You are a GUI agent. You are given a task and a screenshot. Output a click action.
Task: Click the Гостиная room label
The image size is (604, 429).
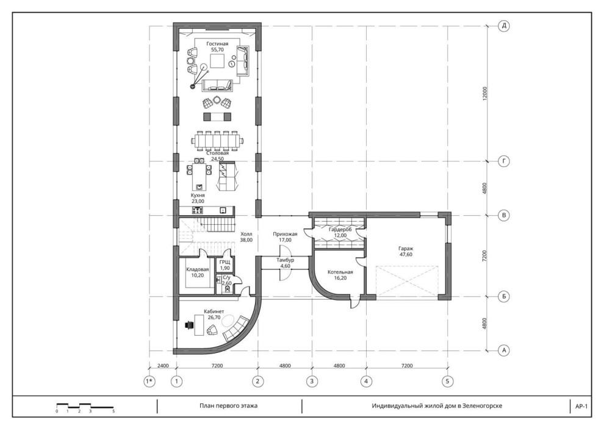217,46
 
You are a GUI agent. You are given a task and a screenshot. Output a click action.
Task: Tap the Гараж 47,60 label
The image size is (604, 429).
406,251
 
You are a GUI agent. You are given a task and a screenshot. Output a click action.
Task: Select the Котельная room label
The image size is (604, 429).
340,275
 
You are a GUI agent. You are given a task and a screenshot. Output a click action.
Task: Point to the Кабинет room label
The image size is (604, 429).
214,314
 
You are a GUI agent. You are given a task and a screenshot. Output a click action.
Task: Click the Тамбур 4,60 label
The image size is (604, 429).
285,263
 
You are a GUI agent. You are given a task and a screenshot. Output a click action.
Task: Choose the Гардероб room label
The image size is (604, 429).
340,232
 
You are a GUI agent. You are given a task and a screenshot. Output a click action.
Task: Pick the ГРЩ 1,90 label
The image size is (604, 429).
225,265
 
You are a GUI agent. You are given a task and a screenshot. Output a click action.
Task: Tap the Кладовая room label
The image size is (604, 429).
198,272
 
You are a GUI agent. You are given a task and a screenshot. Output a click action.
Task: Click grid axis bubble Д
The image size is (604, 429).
504,26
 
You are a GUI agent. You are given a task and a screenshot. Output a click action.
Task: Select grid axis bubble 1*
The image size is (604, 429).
149,381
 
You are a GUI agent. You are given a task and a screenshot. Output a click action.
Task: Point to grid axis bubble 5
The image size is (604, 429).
447,381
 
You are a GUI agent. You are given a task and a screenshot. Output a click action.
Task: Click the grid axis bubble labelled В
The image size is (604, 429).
504,216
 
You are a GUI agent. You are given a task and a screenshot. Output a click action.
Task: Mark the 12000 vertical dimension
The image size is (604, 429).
484,94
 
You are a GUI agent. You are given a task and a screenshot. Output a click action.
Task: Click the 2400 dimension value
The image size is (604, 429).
163,366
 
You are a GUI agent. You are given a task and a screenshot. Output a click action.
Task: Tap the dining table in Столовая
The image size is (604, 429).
218,141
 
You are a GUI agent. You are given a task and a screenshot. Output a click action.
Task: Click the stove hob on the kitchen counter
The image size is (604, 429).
198,210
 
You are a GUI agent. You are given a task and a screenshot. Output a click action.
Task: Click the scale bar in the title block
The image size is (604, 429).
85,406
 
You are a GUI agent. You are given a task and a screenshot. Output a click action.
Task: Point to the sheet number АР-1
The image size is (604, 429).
581,406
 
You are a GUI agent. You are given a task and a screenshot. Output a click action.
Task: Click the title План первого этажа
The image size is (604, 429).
228,405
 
